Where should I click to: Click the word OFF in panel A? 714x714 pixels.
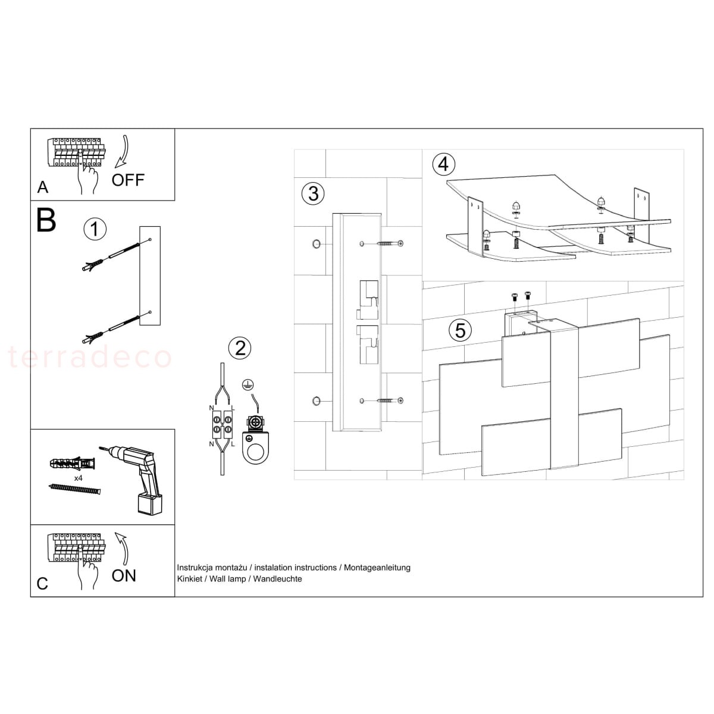(128, 180)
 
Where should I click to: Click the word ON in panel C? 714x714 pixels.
(124, 575)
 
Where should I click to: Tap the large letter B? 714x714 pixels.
(46, 220)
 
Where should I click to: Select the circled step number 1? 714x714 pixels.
(95, 229)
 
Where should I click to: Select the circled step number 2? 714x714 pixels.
(240, 348)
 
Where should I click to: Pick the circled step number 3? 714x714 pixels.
(313, 193)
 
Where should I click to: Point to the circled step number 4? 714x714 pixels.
(443, 164)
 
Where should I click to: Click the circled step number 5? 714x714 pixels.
(460, 329)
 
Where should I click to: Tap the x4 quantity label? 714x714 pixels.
(78, 478)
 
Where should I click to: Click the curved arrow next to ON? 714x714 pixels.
(123, 548)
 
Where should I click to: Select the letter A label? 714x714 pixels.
(43, 187)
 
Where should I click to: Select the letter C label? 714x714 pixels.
(42, 583)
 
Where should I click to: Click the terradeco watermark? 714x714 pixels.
(89, 358)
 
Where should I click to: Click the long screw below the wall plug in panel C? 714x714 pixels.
(74, 488)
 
